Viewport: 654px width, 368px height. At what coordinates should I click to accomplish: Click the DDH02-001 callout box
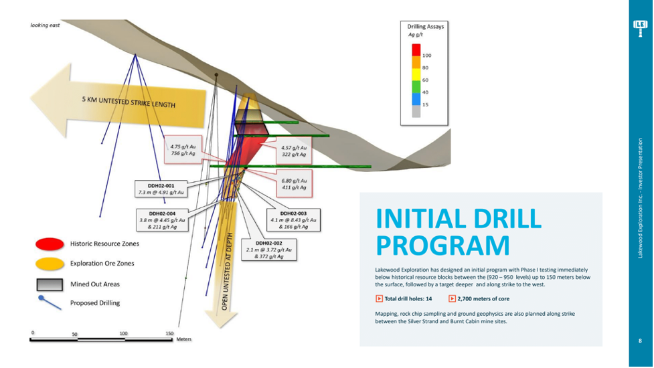click(161, 189)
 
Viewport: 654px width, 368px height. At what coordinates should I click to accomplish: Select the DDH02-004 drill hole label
click(162, 220)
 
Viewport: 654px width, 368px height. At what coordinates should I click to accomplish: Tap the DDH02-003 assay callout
click(294, 220)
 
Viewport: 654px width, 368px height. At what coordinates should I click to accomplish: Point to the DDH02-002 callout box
click(269, 250)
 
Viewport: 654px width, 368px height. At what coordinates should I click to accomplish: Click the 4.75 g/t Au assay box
click(183, 150)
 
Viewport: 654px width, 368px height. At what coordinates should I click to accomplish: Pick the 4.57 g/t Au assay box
click(294, 151)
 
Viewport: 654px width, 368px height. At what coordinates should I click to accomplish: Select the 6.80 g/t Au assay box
click(294, 184)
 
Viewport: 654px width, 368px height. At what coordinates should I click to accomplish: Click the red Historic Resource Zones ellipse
click(50, 244)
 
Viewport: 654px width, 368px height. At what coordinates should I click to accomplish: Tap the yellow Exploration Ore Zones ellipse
click(50, 264)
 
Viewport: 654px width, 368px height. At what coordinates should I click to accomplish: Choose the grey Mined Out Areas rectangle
click(50, 284)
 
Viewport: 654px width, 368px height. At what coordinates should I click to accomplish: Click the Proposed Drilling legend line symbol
click(50, 303)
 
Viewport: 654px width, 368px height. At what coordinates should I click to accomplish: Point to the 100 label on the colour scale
click(426, 56)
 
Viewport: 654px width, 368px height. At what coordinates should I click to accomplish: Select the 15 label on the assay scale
click(425, 104)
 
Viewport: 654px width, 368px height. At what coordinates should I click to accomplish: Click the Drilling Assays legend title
click(426, 26)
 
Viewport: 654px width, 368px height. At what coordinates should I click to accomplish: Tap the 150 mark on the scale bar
click(169, 333)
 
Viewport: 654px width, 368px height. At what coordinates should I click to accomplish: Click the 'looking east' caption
click(45, 25)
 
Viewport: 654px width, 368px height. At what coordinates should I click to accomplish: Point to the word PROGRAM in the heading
click(442, 246)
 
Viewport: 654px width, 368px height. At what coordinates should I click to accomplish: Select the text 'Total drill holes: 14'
click(408, 299)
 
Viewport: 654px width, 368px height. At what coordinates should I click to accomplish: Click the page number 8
click(640, 341)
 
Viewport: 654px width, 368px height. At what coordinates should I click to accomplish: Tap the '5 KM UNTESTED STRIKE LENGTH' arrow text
click(129, 102)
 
